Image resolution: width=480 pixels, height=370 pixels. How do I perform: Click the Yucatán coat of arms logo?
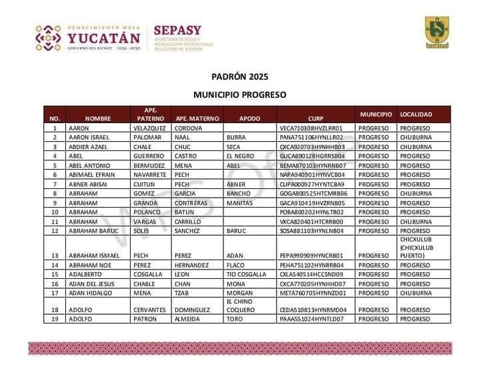coord(437,33)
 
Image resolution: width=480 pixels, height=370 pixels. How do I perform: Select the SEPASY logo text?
coord(177,31)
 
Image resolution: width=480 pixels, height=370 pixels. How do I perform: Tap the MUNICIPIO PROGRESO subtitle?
coord(239,95)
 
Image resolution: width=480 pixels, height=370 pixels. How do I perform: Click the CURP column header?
coord(315,118)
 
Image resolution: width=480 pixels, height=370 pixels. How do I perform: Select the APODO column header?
coord(249,118)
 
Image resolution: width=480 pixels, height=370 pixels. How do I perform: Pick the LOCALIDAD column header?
coord(416,114)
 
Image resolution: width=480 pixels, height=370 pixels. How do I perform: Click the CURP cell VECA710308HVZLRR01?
coord(311,128)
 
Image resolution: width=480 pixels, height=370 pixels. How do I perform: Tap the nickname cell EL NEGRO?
coord(239,156)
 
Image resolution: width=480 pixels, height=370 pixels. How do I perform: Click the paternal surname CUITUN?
coord(144,184)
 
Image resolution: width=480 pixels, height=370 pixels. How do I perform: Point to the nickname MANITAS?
coord(238,203)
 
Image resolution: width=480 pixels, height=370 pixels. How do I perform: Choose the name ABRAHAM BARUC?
coord(93,231)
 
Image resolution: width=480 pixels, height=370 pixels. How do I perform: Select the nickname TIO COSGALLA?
coord(246,274)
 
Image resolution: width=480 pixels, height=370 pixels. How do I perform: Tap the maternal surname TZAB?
coord(182,293)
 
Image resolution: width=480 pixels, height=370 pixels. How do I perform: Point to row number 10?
coord(55,212)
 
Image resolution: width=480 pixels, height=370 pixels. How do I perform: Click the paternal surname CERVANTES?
coord(151,309)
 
